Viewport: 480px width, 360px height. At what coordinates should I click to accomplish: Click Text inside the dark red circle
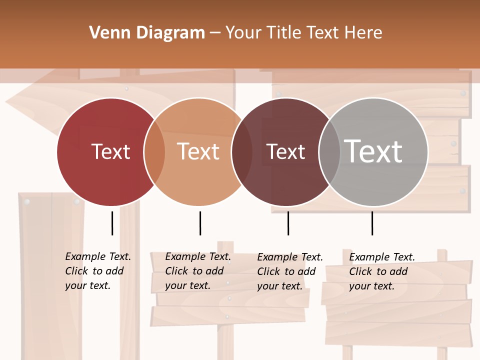coord(110,151)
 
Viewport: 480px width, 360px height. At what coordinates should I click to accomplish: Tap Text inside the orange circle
coord(198,151)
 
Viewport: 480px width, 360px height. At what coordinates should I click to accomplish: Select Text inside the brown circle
coord(285,151)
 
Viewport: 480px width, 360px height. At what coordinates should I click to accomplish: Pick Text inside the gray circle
coord(373,151)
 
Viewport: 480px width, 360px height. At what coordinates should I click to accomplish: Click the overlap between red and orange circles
coord(154,151)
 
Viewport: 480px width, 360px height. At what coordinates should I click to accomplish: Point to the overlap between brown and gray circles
coord(329,151)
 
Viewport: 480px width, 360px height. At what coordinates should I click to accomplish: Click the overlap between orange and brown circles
coord(242,151)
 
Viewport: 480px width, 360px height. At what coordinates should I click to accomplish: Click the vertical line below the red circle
coord(112,223)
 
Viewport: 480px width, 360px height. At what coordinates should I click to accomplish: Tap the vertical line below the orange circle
coord(200,223)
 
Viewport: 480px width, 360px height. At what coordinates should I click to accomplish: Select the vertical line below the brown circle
coord(288,223)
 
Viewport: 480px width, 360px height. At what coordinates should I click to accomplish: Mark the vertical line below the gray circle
coord(372,223)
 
